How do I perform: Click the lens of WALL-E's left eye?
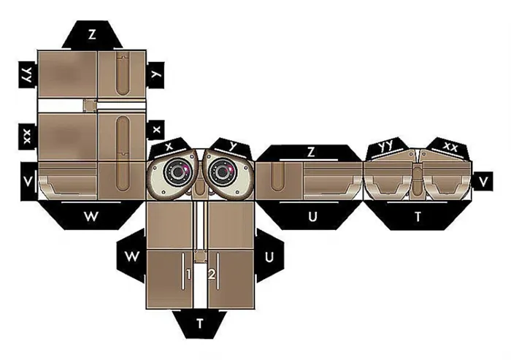pos(177,172)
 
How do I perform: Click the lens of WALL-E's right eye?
pos(223,172)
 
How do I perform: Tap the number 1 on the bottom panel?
pos(188,275)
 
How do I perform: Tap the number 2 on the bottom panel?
pos(212,275)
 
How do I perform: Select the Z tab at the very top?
pos(92,34)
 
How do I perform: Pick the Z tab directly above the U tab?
pos(311,153)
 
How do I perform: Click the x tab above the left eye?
pos(169,147)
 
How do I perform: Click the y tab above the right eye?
pos(231,147)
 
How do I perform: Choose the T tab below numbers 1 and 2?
pos(200,324)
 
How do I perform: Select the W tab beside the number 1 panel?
pos(131,256)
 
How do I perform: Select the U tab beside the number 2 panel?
pos(269,257)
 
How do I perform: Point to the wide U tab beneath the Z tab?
pos(312,216)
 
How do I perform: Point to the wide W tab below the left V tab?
pos(91,216)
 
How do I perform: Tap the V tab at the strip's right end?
pos(483,182)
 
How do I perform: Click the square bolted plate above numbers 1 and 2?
pos(201,256)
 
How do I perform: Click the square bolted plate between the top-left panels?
pos(90,106)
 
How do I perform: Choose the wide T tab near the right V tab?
pos(418,216)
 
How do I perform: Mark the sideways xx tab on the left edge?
pos(28,137)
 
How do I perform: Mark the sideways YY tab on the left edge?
pos(28,74)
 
